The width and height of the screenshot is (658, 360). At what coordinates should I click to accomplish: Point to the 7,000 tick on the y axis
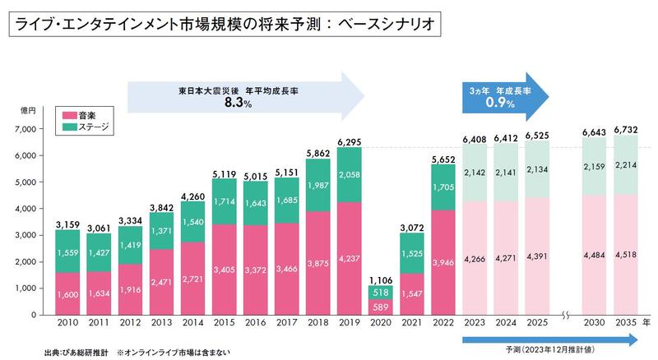(27, 129)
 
